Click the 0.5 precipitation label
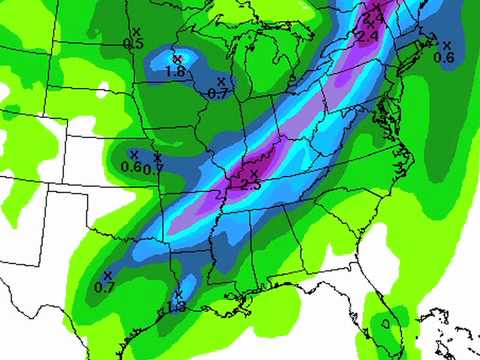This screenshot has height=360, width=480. [133, 44]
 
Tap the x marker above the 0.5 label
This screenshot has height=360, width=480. [135, 33]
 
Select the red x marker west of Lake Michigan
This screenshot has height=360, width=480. [177, 59]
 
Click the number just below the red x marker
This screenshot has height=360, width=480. [175, 72]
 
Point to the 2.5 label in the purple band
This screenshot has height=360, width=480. [250, 185]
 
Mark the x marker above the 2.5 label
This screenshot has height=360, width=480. [253, 174]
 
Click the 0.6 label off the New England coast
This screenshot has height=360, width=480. [444, 58]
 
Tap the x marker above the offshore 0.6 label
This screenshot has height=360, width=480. [446, 45]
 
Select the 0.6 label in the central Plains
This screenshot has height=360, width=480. [131, 167]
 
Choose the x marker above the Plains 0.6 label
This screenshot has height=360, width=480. [134, 154]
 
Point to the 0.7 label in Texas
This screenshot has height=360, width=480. [104, 287]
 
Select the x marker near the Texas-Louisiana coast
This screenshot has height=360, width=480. [178, 295]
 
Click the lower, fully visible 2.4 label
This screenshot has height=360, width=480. [366, 37]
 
